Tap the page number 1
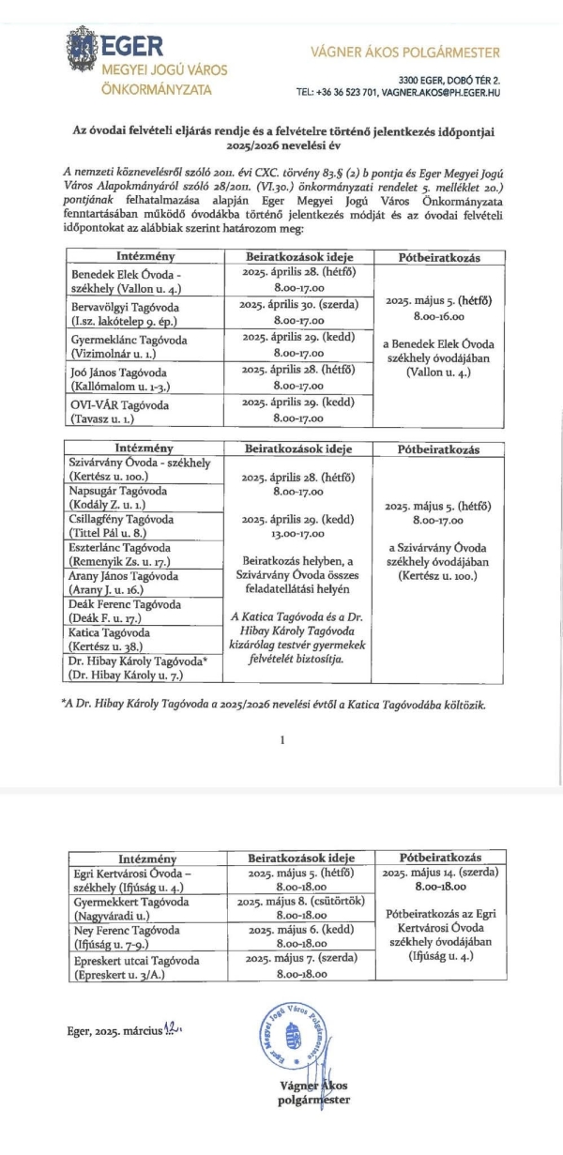click(x=281, y=739)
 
